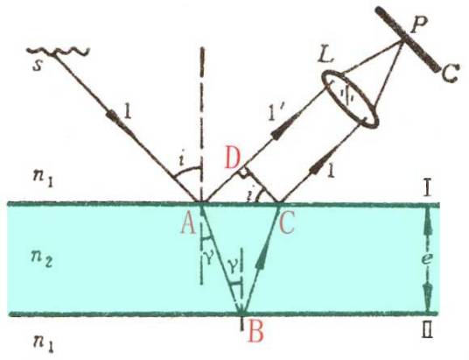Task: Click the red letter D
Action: click(233, 159)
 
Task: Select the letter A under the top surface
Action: click(189, 224)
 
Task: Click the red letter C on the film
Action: click(286, 223)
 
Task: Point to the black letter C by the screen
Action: click(450, 74)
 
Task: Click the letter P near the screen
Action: click(419, 25)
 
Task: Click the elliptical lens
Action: click(350, 99)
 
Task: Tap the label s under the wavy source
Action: click(37, 66)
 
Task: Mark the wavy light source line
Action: click(59, 51)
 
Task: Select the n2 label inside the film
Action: click(42, 258)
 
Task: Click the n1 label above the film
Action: click(43, 179)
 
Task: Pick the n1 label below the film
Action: click(43, 343)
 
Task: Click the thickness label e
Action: click(428, 258)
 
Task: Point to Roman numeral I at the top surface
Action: click(428, 189)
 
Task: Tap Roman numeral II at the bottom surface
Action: click(427, 330)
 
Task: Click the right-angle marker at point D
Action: click(245, 173)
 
